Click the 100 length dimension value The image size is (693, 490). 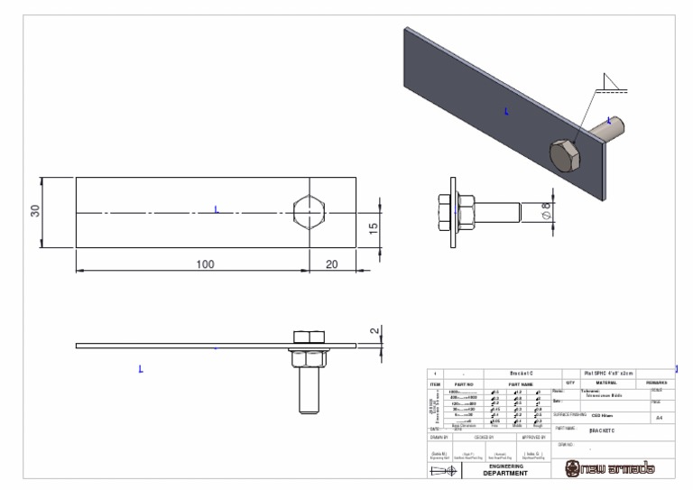tap(205, 263)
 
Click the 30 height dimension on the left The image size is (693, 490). tap(35, 210)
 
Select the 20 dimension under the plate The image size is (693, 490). tap(332, 263)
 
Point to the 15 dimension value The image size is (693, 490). tap(374, 229)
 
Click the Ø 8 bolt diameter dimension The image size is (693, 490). tap(544, 213)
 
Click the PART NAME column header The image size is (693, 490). tap(522, 384)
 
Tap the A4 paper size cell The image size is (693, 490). tap(660, 419)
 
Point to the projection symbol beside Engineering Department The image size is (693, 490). tap(443, 469)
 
